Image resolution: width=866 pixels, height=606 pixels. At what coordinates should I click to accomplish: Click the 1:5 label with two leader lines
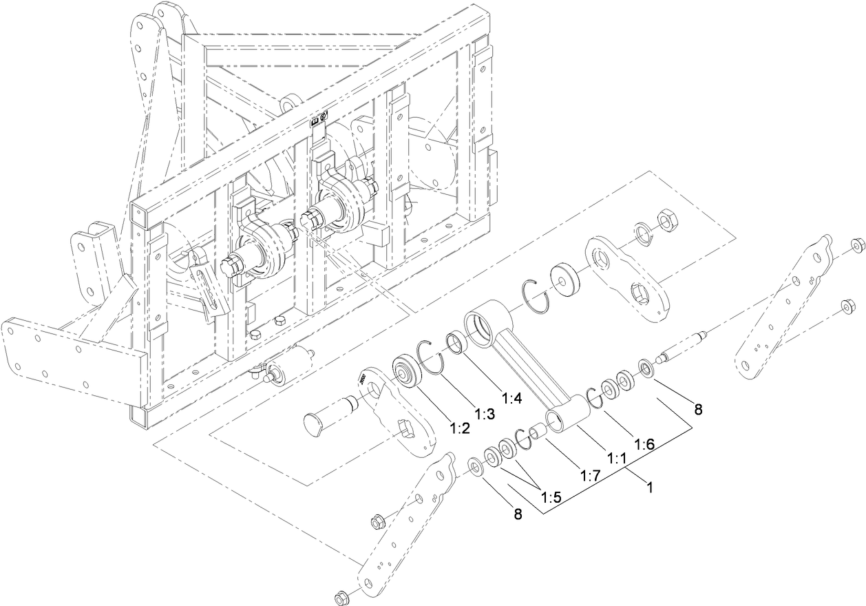(x=551, y=497)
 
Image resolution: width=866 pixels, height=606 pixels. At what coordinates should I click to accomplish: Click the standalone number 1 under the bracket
(x=648, y=485)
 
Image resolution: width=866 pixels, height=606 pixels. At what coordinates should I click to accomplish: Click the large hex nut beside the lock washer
(x=666, y=220)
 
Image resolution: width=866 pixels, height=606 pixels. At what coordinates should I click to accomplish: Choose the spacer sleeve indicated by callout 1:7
(x=537, y=435)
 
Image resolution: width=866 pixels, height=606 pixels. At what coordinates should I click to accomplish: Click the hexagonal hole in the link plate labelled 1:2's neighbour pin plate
(x=407, y=434)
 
